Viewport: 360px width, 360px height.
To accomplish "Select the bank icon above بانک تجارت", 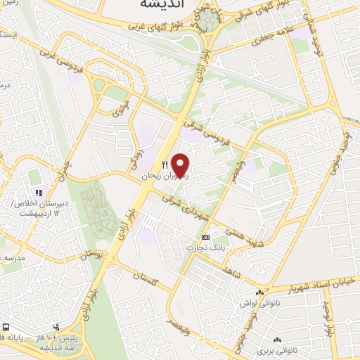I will (205, 237).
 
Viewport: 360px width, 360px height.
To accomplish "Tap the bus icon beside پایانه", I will (6, 328).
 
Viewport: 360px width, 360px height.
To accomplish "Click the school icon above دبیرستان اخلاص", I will (39, 192).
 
